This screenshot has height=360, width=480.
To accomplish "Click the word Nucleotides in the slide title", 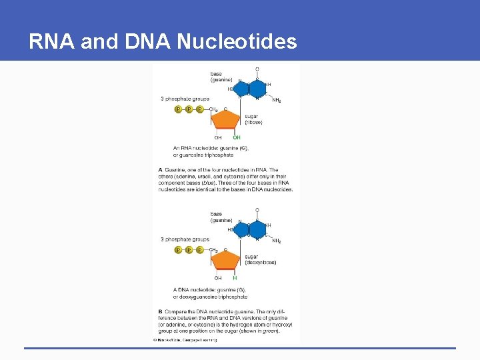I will click(x=237, y=42).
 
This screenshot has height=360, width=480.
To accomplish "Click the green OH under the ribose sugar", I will click(x=237, y=138).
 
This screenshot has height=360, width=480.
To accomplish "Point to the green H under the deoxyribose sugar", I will click(x=235, y=278).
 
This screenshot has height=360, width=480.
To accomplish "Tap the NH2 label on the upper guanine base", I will click(x=277, y=101).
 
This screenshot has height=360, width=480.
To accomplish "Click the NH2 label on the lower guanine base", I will click(x=277, y=241).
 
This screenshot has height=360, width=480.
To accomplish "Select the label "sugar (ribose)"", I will click(x=253, y=119).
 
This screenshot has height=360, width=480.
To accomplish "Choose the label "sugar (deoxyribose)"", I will click(x=260, y=259).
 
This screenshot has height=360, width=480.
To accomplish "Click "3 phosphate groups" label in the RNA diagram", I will click(x=185, y=99).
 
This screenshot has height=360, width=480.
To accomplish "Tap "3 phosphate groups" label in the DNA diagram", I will click(x=185, y=239).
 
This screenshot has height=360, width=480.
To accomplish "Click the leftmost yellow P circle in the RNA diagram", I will click(x=178, y=109).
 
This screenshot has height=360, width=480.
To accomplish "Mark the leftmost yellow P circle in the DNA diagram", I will click(x=178, y=250).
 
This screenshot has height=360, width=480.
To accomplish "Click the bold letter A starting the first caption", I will click(x=160, y=170).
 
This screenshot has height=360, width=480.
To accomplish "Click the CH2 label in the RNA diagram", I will click(x=214, y=109).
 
